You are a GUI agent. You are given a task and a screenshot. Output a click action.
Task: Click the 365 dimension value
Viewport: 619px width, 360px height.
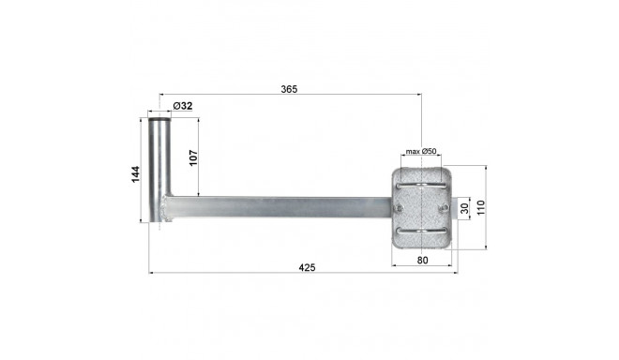pos(289,89)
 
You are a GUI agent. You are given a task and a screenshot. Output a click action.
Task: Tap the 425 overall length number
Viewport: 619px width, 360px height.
pos(307,267)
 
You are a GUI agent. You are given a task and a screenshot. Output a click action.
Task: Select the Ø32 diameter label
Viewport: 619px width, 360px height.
pos(183,106)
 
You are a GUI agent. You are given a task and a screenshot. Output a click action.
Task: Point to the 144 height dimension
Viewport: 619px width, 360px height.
pos(135,174)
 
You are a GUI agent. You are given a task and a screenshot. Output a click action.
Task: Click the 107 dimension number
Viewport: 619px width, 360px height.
pos(193,157)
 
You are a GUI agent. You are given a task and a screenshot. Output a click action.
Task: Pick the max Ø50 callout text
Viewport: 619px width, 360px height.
pos(421,151)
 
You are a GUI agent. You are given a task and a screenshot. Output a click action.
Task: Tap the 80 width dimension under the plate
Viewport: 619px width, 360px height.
pos(422,260)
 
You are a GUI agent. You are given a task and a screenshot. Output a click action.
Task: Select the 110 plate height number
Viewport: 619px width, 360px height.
pos(480,207)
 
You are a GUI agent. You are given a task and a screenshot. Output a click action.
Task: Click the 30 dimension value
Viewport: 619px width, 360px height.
pos(465,208)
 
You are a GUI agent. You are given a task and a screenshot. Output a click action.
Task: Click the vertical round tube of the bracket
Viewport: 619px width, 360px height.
pos(159,170)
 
